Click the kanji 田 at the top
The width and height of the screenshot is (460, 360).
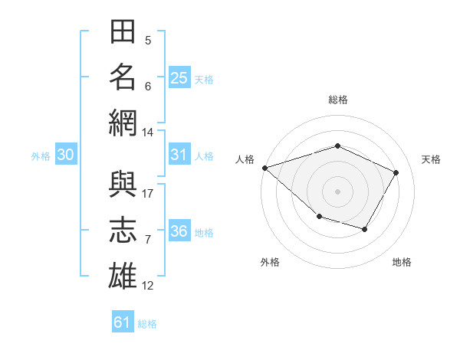tap(123, 31)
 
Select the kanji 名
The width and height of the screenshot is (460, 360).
tap(123, 77)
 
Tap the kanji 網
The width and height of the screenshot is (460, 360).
tap(123, 123)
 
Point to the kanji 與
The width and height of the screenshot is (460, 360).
tap(123, 184)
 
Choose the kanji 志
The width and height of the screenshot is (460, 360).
tap(123, 230)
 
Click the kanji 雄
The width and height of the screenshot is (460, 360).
tap(123, 276)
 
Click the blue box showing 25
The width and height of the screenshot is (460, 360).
tap(179, 77)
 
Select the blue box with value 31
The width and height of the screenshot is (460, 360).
tap(179, 154)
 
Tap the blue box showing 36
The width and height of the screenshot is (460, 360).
tap(179, 230)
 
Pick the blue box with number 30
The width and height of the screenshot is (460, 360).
tap(66, 154)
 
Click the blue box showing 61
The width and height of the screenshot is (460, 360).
tap(123, 321)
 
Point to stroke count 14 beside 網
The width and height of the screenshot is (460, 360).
tap(147, 133)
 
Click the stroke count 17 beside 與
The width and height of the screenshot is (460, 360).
tap(147, 194)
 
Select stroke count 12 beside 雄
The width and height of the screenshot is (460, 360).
tap(147, 286)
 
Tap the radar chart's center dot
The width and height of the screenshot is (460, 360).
tap(337, 191)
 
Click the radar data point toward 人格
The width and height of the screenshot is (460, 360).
tap(265, 168)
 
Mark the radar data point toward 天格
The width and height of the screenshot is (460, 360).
tap(396, 172)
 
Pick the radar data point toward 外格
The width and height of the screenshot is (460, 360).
tap(320, 216)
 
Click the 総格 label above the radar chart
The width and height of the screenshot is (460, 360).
tap(338, 100)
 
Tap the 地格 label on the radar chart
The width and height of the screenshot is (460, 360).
tap(402, 262)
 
